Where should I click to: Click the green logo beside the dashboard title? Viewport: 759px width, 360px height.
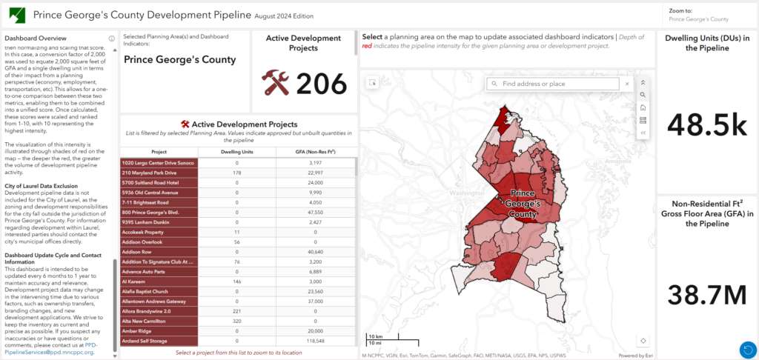(16, 15)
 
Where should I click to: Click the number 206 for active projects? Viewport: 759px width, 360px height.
(321, 84)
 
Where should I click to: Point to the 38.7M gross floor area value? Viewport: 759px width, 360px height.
(706, 294)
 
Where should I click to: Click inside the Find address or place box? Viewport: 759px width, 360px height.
(560, 84)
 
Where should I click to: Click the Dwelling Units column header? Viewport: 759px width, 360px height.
(237, 151)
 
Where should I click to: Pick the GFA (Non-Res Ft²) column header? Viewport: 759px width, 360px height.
(314, 151)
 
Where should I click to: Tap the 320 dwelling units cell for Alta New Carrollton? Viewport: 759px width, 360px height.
(237, 321)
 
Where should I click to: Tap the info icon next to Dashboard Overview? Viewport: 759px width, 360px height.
(111, 39)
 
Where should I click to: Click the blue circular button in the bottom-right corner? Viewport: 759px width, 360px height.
(747, 349)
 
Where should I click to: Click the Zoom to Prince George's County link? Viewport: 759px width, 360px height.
(698, 19)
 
